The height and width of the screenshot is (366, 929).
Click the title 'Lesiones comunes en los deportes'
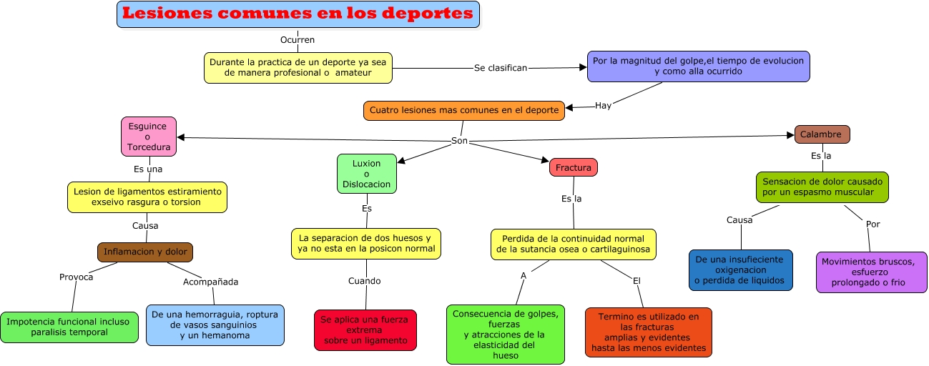(x=298, y=14)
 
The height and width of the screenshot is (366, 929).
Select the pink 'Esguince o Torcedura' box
(x=148, y=137)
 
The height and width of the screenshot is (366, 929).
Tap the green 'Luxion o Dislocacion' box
(x=366, y=174)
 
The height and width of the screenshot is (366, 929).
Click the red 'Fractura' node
(x=574, y=168)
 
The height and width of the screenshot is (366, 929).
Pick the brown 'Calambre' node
(x=822, y=134)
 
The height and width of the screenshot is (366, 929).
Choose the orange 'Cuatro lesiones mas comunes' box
(x=463, y=111)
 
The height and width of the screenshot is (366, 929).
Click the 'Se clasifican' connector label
(x=500, y=68)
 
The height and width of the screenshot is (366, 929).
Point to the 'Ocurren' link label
(x=298, y=40)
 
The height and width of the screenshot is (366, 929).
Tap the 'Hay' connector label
(x=603, y=106)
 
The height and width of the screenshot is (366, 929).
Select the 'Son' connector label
(x=459, y=141)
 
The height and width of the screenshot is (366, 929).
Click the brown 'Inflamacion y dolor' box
(x=145, y=252)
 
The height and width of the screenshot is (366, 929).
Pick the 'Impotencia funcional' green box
(x=69, y=327)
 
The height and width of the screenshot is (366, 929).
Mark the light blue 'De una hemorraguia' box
(x=215, y=325)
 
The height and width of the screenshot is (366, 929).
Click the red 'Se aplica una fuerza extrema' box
(x=365, y=330)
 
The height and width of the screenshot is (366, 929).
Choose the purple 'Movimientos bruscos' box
(x=871, y=272)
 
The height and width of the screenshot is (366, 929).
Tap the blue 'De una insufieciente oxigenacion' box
(x=740, y=271)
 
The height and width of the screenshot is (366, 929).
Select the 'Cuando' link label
(x=365, y=281)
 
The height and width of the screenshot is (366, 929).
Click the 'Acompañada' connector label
(x=210, y=282)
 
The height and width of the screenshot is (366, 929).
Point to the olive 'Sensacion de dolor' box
(x=822, y=187)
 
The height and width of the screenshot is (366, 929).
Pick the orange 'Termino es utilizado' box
(x=648, y=332)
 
